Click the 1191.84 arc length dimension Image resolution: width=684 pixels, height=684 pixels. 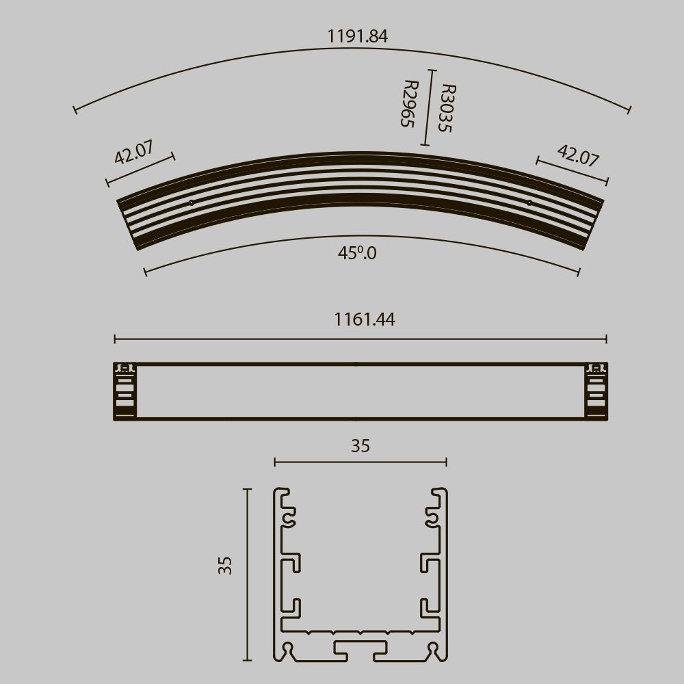coord(357,36)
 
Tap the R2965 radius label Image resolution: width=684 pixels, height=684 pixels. coord(408,104)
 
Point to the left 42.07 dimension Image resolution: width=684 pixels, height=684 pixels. coord(134,153)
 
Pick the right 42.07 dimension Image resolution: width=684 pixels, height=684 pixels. coord(578,155)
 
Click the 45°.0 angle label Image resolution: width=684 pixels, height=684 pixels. coord(357,253)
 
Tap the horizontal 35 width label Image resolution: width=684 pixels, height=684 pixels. coord(360,446)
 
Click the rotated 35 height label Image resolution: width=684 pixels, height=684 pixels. coord(226,565)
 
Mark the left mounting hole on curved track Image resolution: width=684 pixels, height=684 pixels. coord(192,202)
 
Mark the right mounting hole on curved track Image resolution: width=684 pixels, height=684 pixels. coord(529,202)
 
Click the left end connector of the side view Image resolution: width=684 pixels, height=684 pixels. coord(124,391)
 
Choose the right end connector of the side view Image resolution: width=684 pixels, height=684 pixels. coord(596,391)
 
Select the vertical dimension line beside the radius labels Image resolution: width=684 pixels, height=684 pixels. coord(428,107)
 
